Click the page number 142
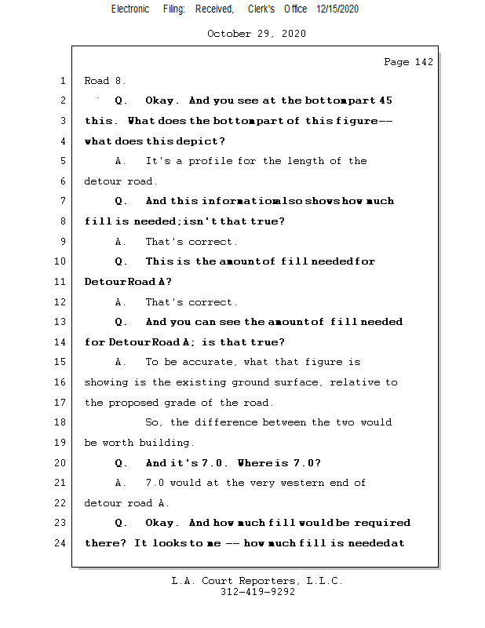pos(424,62)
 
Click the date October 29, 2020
pos(257,34)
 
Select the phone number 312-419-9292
pos(257,593)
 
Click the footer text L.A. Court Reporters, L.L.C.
pos(257,582)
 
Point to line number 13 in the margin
pos(61,322)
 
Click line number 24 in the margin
pos(61,543)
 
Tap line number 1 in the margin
pos(62,81)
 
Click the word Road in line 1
pos(97,81)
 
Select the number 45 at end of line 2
pos(385,100)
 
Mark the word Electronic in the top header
pos(130,9)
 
